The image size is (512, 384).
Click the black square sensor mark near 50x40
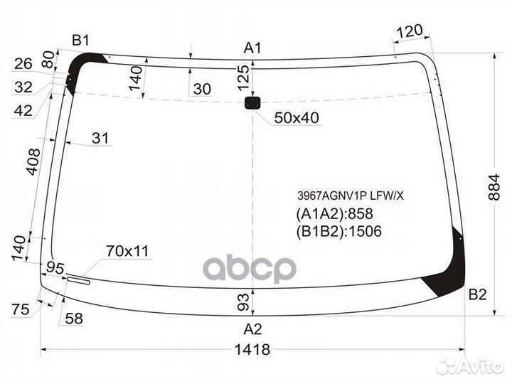(252, 104)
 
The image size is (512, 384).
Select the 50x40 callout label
(297, 118)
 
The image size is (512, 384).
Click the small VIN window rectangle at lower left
(78, 280)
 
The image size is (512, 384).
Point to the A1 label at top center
(252, 48)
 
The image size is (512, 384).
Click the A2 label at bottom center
(252, 329)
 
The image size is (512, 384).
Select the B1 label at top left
(80, 40)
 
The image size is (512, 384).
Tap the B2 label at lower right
(476, 293)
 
